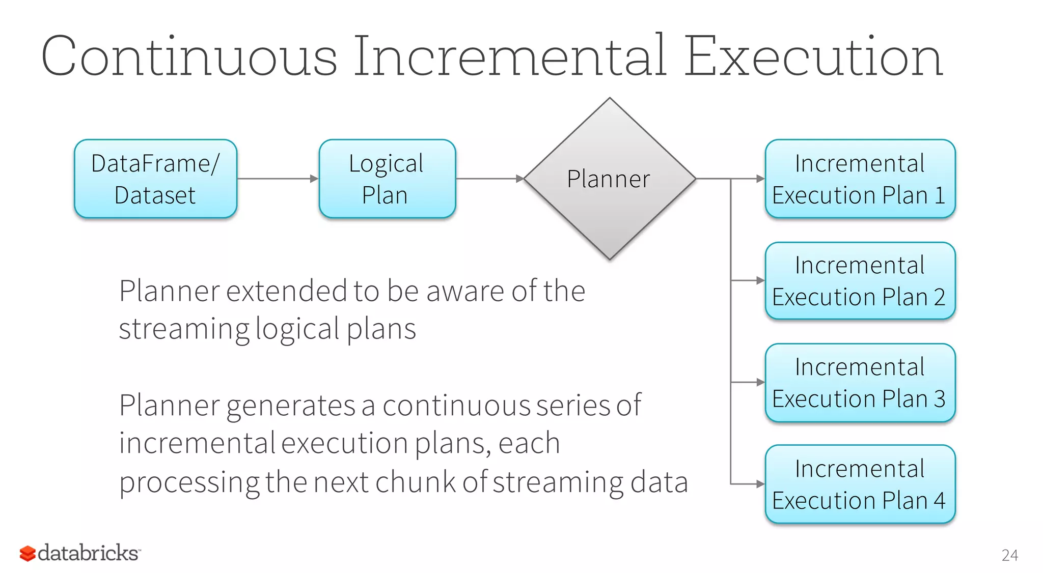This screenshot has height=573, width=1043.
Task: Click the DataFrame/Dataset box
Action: (x=155, y=179)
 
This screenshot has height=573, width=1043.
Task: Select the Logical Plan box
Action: (x=387, y=179)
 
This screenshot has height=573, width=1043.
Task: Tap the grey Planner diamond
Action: (x=609, y=179)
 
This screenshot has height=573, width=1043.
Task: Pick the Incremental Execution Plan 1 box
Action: (x=860, y=179)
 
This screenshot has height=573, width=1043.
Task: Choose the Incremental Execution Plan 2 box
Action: (x=860, y=280)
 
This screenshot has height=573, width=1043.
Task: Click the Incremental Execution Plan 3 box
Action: (x=860, y=382)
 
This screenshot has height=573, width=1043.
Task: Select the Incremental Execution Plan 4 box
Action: (x=860, y=484)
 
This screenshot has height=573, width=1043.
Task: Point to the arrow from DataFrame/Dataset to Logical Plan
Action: (x=278, y=179)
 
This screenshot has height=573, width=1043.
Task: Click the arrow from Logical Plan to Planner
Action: (x=489, y=179)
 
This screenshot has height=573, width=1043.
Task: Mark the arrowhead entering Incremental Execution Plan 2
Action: (x=760, y=280)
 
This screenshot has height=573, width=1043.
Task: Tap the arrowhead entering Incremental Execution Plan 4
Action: (x=760, y=484)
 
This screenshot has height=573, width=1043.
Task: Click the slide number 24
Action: (x=1009, y=555)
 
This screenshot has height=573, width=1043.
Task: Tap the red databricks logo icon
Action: (x=28, y=553)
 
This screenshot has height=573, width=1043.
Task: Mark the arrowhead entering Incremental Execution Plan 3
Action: (x=760, y=382)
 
